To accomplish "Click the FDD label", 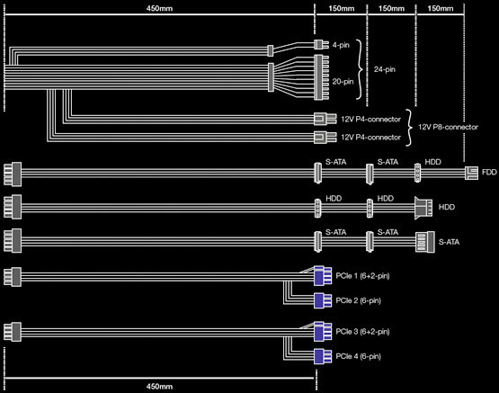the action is coord(489,172).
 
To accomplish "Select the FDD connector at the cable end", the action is coord(471,173).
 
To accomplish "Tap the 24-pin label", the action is coord(385,69).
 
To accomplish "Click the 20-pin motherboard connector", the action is coord(321,77).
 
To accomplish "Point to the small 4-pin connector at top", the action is coord(321,45).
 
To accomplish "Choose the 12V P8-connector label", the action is coord(448,127).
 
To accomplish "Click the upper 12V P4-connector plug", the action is coord(325,119).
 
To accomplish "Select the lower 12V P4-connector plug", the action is coord(325,138).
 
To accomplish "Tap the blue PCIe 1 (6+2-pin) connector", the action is coord(323,275).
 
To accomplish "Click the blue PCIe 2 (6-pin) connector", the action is coord(323,300).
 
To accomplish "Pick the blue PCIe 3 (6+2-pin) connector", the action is coord(323,331).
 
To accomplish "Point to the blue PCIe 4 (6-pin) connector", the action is coord(323,356).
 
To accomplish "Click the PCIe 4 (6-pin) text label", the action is coord(359,356).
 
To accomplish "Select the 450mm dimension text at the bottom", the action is coord(159,387).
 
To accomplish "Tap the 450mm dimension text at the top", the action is coord(159,8).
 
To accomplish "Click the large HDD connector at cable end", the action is coord(423,208).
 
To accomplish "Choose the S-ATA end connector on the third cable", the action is coord(425,242).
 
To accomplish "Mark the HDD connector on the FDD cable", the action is coord(417,173).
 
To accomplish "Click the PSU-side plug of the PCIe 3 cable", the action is coord(13,332).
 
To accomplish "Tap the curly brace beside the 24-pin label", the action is coord(361,69).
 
